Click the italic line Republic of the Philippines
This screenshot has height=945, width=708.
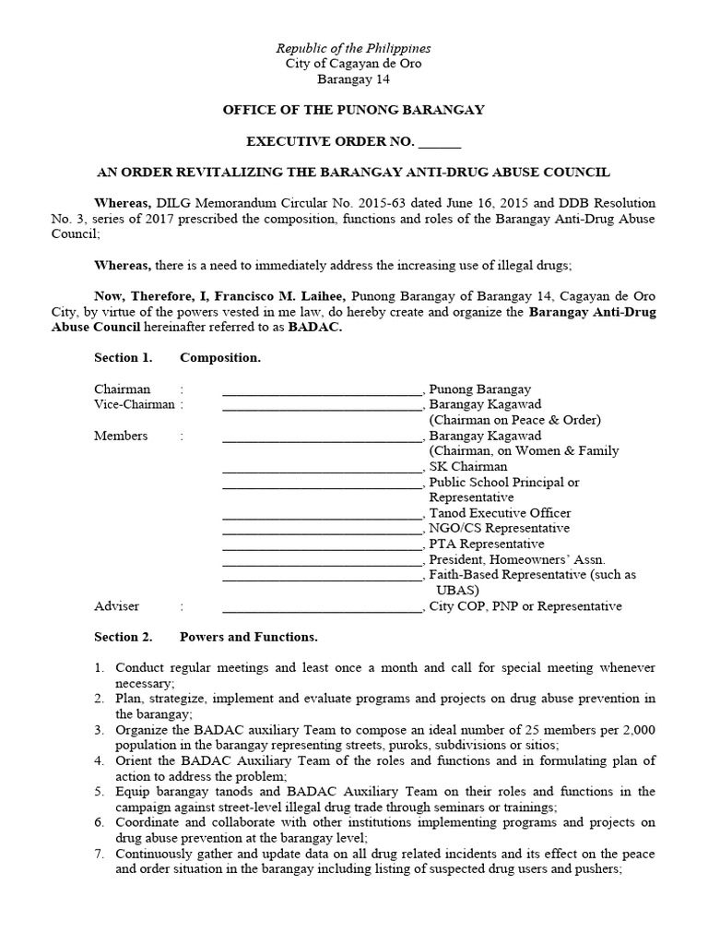point(355,48)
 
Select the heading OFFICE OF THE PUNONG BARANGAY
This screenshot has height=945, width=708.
point(354,110)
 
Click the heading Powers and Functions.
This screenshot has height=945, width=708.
point(248,637)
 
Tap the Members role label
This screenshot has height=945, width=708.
point(121,436)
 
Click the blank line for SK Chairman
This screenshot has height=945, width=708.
point(322,467)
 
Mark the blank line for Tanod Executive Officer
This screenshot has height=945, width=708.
point(322,513)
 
